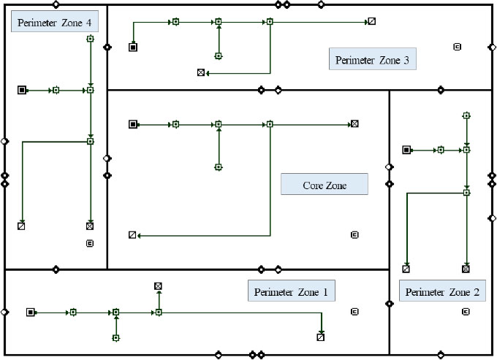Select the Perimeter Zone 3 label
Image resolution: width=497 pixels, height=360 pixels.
pos(372,60)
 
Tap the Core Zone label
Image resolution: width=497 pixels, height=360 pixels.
pos(324,185)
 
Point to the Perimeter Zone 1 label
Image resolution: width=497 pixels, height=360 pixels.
pos(291,292)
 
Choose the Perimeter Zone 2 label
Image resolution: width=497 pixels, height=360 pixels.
pos(442,292)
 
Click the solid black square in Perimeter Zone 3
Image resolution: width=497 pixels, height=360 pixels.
pos(133,47)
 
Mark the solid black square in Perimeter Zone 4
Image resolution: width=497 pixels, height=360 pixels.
pos(22,90)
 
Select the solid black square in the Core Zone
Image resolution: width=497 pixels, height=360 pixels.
pos(133,124)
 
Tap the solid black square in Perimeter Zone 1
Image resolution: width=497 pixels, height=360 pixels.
pos(31,313)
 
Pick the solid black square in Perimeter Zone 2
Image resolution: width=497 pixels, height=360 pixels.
pos(406,150)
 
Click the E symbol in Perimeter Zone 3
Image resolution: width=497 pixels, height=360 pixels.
pos(458,47)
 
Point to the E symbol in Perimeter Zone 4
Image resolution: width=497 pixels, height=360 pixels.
pos(90,243)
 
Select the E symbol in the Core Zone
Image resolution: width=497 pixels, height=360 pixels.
pos(354,234)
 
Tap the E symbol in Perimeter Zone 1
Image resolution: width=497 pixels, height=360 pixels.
pos(354,312)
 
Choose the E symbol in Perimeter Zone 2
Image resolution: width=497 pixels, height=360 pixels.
pos(466,312)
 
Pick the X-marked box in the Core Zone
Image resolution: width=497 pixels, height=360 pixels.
pos(354,124)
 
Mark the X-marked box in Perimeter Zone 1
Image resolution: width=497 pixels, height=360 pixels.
pos(158,286)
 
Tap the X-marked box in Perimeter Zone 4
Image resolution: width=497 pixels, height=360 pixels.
pos(90,226)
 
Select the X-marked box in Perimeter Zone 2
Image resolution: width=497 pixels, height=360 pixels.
pos(466,269)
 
